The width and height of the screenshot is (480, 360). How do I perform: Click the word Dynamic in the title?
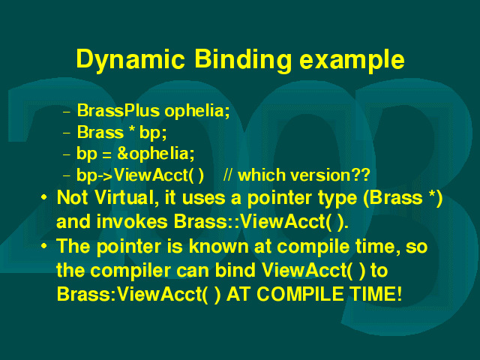click(x=130, y=60)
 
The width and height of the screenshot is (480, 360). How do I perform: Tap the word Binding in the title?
click(x=243, y=60)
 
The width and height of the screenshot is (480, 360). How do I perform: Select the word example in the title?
click(x=352, y=60)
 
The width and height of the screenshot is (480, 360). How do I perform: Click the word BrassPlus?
click(x=118, y=110)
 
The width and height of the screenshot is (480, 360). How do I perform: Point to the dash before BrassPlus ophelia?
click(x=66, y=112)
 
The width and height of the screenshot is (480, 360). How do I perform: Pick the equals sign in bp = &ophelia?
click(x=106, y=154)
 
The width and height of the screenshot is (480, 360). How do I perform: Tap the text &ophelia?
click(x=156, y=154)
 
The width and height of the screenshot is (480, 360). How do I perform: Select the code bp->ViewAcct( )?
click(x=140, y=175)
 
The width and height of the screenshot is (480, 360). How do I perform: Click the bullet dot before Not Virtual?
click(x=44, y=197)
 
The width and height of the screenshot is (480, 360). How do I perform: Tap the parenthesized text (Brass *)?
click(x=403, y=198)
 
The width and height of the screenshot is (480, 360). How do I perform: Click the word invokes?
click(x=132, y=221)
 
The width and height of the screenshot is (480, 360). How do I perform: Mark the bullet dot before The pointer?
click(x=44, y=245)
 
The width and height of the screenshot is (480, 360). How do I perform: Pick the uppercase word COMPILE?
click(x=300, y=294)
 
